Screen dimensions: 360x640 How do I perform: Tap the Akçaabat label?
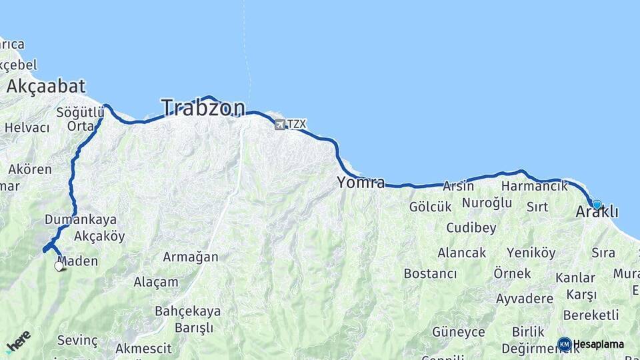(46, 86)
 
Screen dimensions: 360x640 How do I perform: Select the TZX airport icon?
(279, 124)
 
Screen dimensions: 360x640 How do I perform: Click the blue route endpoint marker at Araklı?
(597, 205)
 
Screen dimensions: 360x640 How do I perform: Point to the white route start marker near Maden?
(59, 266)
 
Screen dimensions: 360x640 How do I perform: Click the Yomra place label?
(361, 183)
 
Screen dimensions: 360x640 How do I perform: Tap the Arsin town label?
(458, 187)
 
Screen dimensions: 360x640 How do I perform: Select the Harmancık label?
(534, 186)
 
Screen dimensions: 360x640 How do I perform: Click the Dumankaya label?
(81, 219)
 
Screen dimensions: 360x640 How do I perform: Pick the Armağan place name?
(191, 257)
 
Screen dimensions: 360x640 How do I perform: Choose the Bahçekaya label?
(187, 311)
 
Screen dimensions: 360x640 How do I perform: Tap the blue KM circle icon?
(564, 344)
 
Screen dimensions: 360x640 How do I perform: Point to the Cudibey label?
(471, 228)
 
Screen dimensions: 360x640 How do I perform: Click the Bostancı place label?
(430, 274)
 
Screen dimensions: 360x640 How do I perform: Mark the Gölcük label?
(430, 207)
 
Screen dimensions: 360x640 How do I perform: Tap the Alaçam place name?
(156, 282)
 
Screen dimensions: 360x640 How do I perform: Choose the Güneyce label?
(458, 332)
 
